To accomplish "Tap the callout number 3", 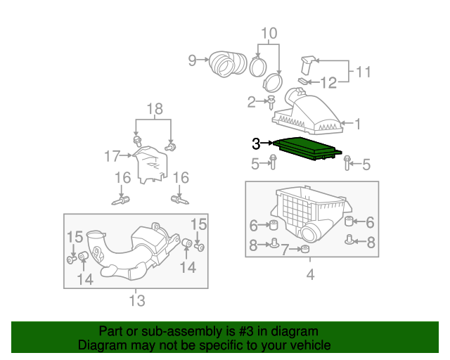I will point(257,143).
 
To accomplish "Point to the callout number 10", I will point(269,33).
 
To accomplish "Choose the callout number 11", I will point(363,72).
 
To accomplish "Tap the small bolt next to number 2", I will point(270,104).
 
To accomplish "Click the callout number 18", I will point(154,108).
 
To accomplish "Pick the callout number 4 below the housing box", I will point(310,275).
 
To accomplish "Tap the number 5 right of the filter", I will point(364,165).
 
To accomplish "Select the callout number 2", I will point(251,103).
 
